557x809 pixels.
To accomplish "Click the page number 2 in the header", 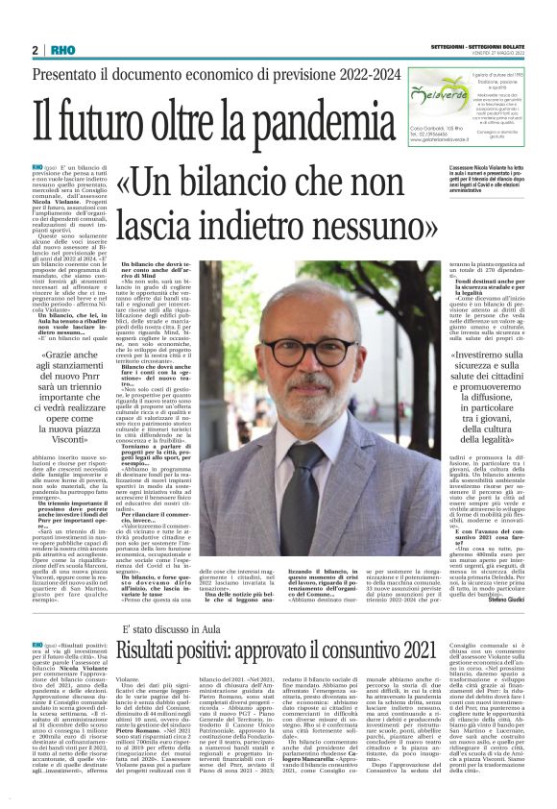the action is click(35, 49).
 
